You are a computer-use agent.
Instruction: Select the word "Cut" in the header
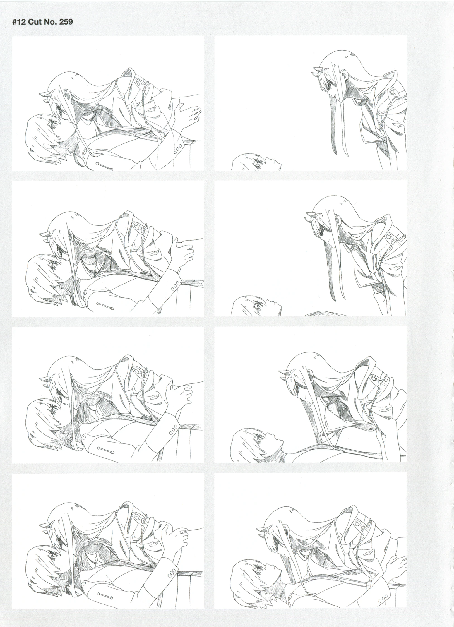point(35,21)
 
